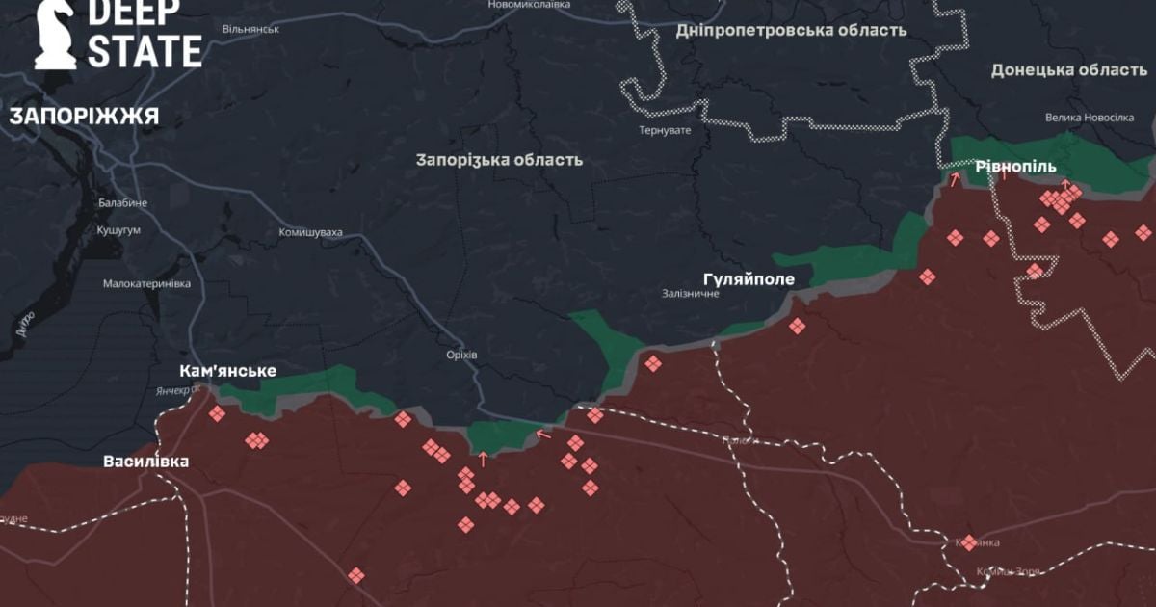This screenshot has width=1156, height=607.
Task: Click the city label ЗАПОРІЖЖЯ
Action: click(84, 117)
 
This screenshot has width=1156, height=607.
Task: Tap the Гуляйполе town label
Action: click(749, 279)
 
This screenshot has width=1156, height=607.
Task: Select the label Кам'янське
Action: click(228, 371)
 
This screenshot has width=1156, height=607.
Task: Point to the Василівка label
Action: click(146, 462)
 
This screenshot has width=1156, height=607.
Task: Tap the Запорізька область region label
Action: click(499, 160)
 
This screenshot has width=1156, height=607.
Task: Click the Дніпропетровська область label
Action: click(791, 30)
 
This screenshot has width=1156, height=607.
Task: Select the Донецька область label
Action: click(1068, 69)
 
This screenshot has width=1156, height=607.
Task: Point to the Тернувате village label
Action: click(665, 130)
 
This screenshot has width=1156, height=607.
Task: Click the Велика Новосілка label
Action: click(1090, 118)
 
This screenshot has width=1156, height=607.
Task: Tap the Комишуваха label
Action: click(311, 232)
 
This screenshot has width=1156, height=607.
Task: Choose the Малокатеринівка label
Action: click(146, 284)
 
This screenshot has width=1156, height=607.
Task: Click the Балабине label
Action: click(122, 203)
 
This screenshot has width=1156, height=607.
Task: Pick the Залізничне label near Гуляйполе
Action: click(691, 293)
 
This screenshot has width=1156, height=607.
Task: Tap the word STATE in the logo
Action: click(144, 51)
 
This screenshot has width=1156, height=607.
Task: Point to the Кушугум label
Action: click(119, 231)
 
